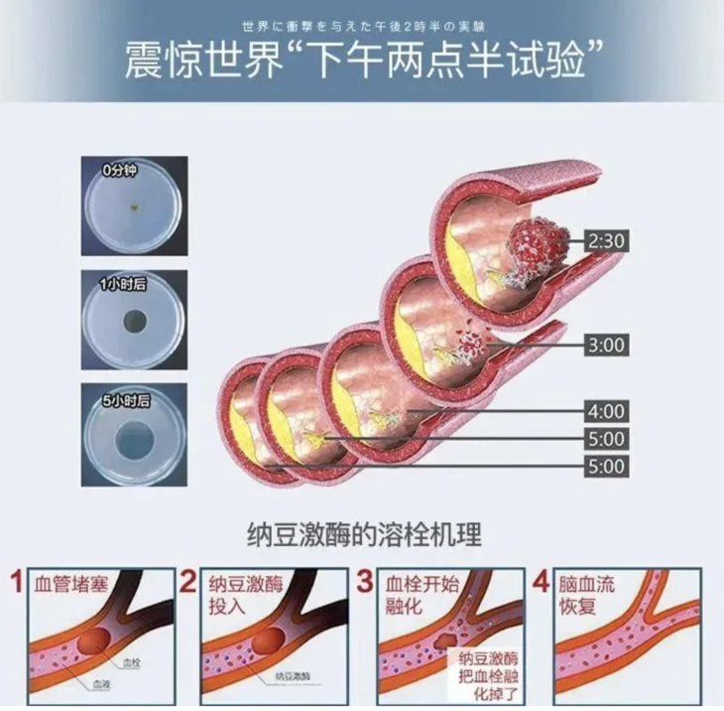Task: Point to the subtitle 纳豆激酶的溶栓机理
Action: click(363, 535)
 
